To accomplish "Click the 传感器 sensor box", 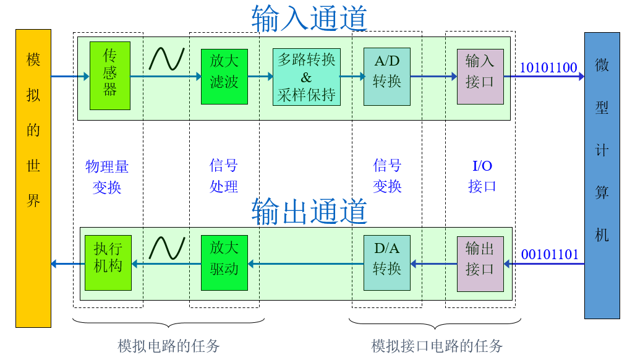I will click(110, 75).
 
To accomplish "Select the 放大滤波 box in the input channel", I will click(224, 76).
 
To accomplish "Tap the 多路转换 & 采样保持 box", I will click(306, 77).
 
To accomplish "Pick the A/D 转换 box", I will click(387, 76).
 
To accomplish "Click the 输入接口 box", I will click(480, 76).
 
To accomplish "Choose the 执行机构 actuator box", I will click(108, 263).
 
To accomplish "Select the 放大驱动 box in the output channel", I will click(224, 263).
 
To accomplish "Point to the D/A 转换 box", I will click(387, 263).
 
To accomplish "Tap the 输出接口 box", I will click(480, 263).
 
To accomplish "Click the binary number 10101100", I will click(548, 67).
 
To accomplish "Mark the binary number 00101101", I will click(550, 254).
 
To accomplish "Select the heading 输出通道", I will click(309, 211).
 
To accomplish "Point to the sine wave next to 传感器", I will click(166, 58).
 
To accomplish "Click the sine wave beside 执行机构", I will click(166, 247).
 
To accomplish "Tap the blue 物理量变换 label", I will click(107, 176).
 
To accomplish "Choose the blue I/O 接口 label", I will click(482, 176).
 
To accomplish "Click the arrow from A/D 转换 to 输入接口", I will click(433, 77).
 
